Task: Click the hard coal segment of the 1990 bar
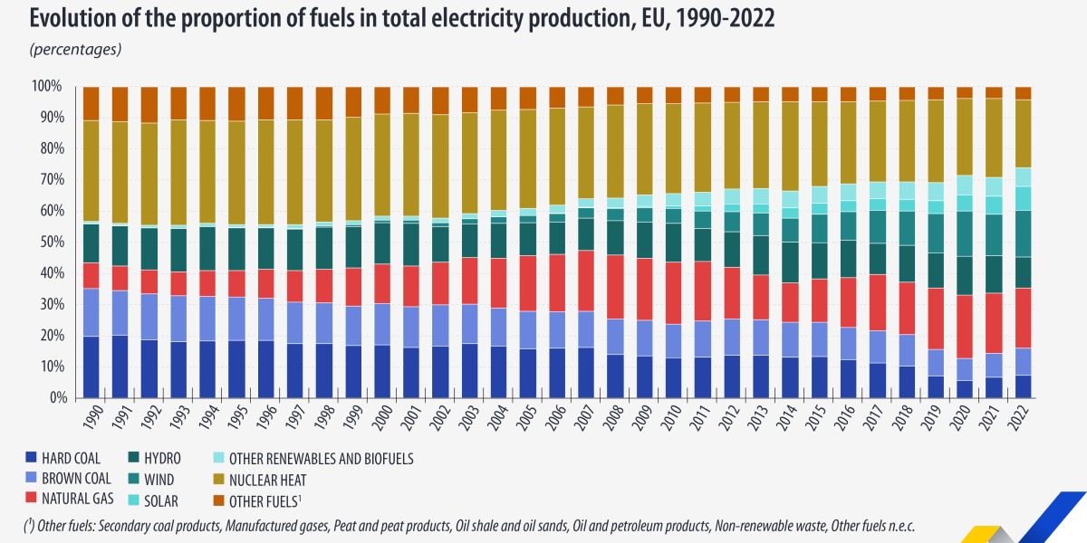(91, 367)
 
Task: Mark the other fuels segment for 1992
(149, 105)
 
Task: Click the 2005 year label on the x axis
(528, 417)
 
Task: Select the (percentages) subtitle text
(76, 49)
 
